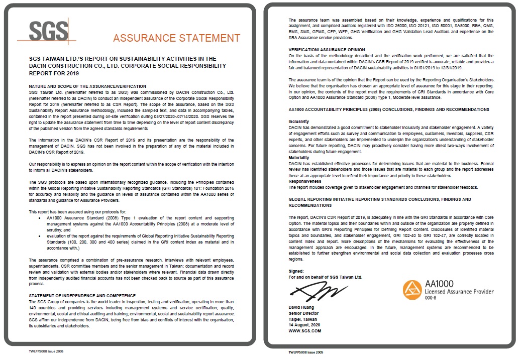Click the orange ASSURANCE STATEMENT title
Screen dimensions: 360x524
point(176,38)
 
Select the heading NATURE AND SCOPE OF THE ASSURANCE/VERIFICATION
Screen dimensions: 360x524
point(87,86)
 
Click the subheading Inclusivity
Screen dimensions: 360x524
point(299,122)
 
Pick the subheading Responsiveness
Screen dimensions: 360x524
point(303,182)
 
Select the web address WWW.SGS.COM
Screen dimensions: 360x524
point(304,331)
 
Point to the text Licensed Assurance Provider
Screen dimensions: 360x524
point(459,291)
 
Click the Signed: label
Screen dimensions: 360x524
point(297,272)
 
